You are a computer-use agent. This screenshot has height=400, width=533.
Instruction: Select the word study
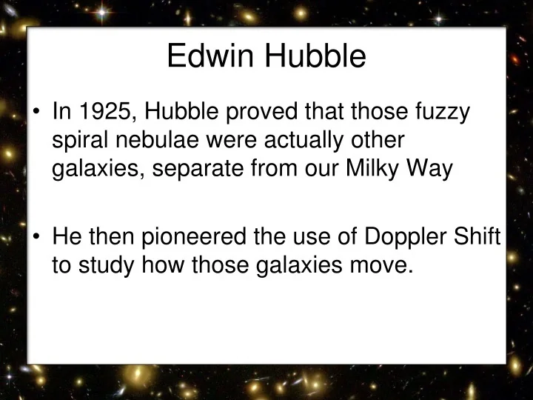[107, 266]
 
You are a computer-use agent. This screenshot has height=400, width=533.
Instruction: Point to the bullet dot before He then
[37, 239]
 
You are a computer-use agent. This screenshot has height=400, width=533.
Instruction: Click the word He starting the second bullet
[66, 238]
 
